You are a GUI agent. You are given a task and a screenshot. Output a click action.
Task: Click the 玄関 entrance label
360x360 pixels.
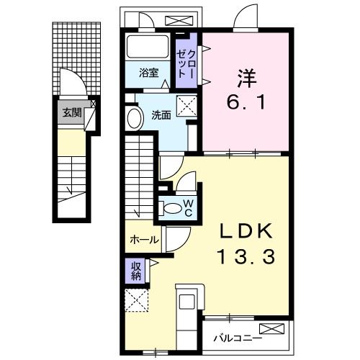pyautogui.click(x=71, y=112)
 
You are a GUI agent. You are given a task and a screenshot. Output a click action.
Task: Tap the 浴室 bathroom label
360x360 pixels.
pyautogui.click(x=149, y=72)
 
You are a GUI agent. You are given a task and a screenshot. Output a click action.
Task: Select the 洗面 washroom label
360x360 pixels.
pyautogui.click(x=161, y=114)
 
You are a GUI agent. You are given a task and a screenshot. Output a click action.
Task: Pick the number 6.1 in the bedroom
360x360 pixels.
pyautogui.click(x=246, y=102)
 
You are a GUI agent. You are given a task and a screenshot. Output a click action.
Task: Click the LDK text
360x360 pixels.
pyautogui.click(x=245, y=232)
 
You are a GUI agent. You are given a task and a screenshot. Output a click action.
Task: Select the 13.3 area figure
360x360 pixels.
pyautogui.click(x=245, y=257)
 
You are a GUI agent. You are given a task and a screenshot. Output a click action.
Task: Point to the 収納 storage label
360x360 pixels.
pyautogui.click(x=136, y=271)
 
